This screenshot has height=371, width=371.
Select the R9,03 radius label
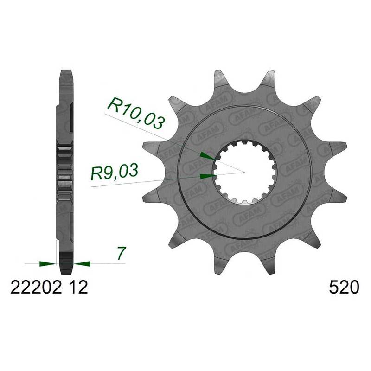pos(115,173)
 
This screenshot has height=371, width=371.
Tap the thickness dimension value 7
pos(121,254)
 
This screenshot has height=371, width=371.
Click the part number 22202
pos(35,288)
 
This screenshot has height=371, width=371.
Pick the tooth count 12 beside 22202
pos(75,288)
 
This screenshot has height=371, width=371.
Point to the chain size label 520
pos(344,288)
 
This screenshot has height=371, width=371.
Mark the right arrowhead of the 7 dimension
pos(82,264)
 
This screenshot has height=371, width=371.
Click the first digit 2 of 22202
pos(14,288)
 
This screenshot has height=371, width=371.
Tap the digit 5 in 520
pos(333,288)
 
